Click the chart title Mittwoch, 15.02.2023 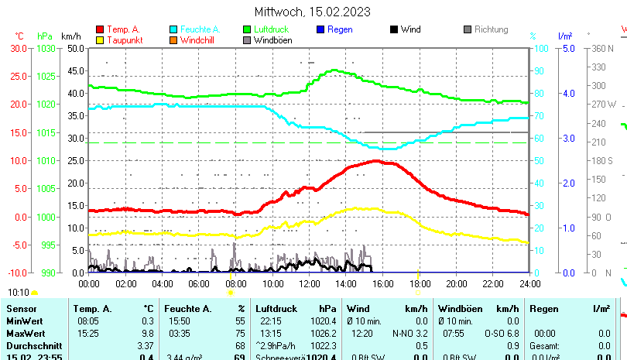[x=313, y=12]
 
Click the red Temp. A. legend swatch [x=100, y=29]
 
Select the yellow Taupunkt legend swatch [x=100, y=39]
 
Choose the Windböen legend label [x=273, y=39]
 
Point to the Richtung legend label [x=491, y=29]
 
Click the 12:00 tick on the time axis [x=309, y=283]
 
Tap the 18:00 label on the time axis [x=419, y=283]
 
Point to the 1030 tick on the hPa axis [x=46, y=48]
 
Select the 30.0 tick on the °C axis [x=18, y=48]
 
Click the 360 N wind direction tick [x=603, y=48]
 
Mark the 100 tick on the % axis [x=542, y=48]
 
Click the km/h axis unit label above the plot [x=70, y=36]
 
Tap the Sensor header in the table [x=21, y=309]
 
